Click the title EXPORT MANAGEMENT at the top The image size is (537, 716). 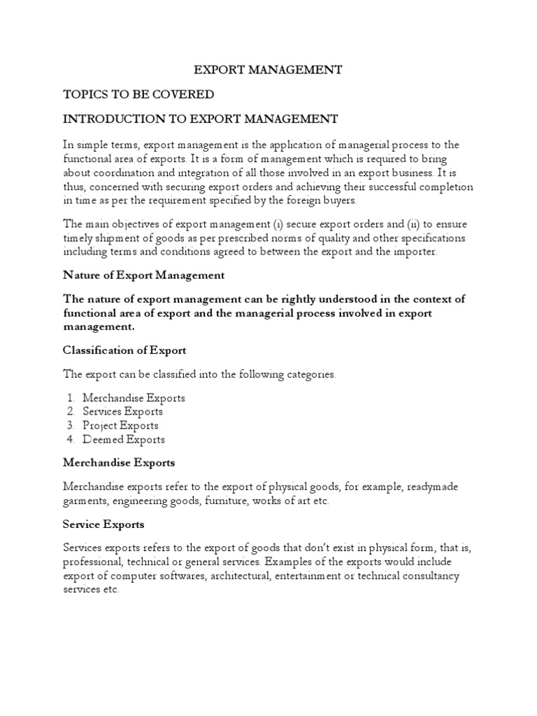(x=268, y=70)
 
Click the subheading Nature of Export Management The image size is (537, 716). (x=143, y=275)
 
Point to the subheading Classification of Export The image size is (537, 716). (x=124, y=350)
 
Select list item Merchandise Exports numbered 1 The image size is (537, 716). (x=134, y=398)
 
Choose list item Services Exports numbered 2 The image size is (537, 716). (x=122, y=412)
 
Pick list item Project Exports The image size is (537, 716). (x=120, y=426)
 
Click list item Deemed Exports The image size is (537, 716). (x=124, y=440)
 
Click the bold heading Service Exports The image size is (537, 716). (x=103, y=524)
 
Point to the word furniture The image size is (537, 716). (x=221, y=501)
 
